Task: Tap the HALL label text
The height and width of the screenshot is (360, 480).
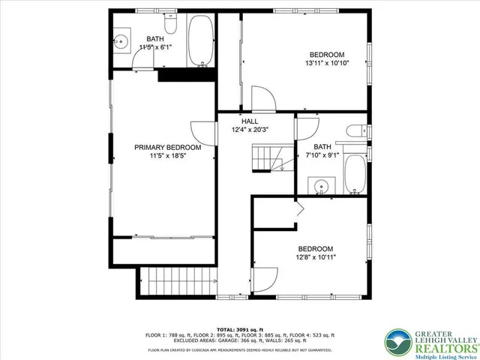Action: [x=249, y=121]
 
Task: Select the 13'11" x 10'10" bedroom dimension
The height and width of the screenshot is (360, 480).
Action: [x=328, y=63]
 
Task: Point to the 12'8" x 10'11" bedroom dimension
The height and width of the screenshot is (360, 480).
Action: [x=316, y=257]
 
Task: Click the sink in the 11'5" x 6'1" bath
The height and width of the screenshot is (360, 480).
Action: [x=123, y=41]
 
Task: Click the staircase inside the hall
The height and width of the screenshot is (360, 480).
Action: [x=266, y=159]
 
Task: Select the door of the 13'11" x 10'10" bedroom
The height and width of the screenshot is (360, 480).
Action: [x=259, y=98]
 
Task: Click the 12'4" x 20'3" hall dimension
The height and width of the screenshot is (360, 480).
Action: [x=250, y=130]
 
